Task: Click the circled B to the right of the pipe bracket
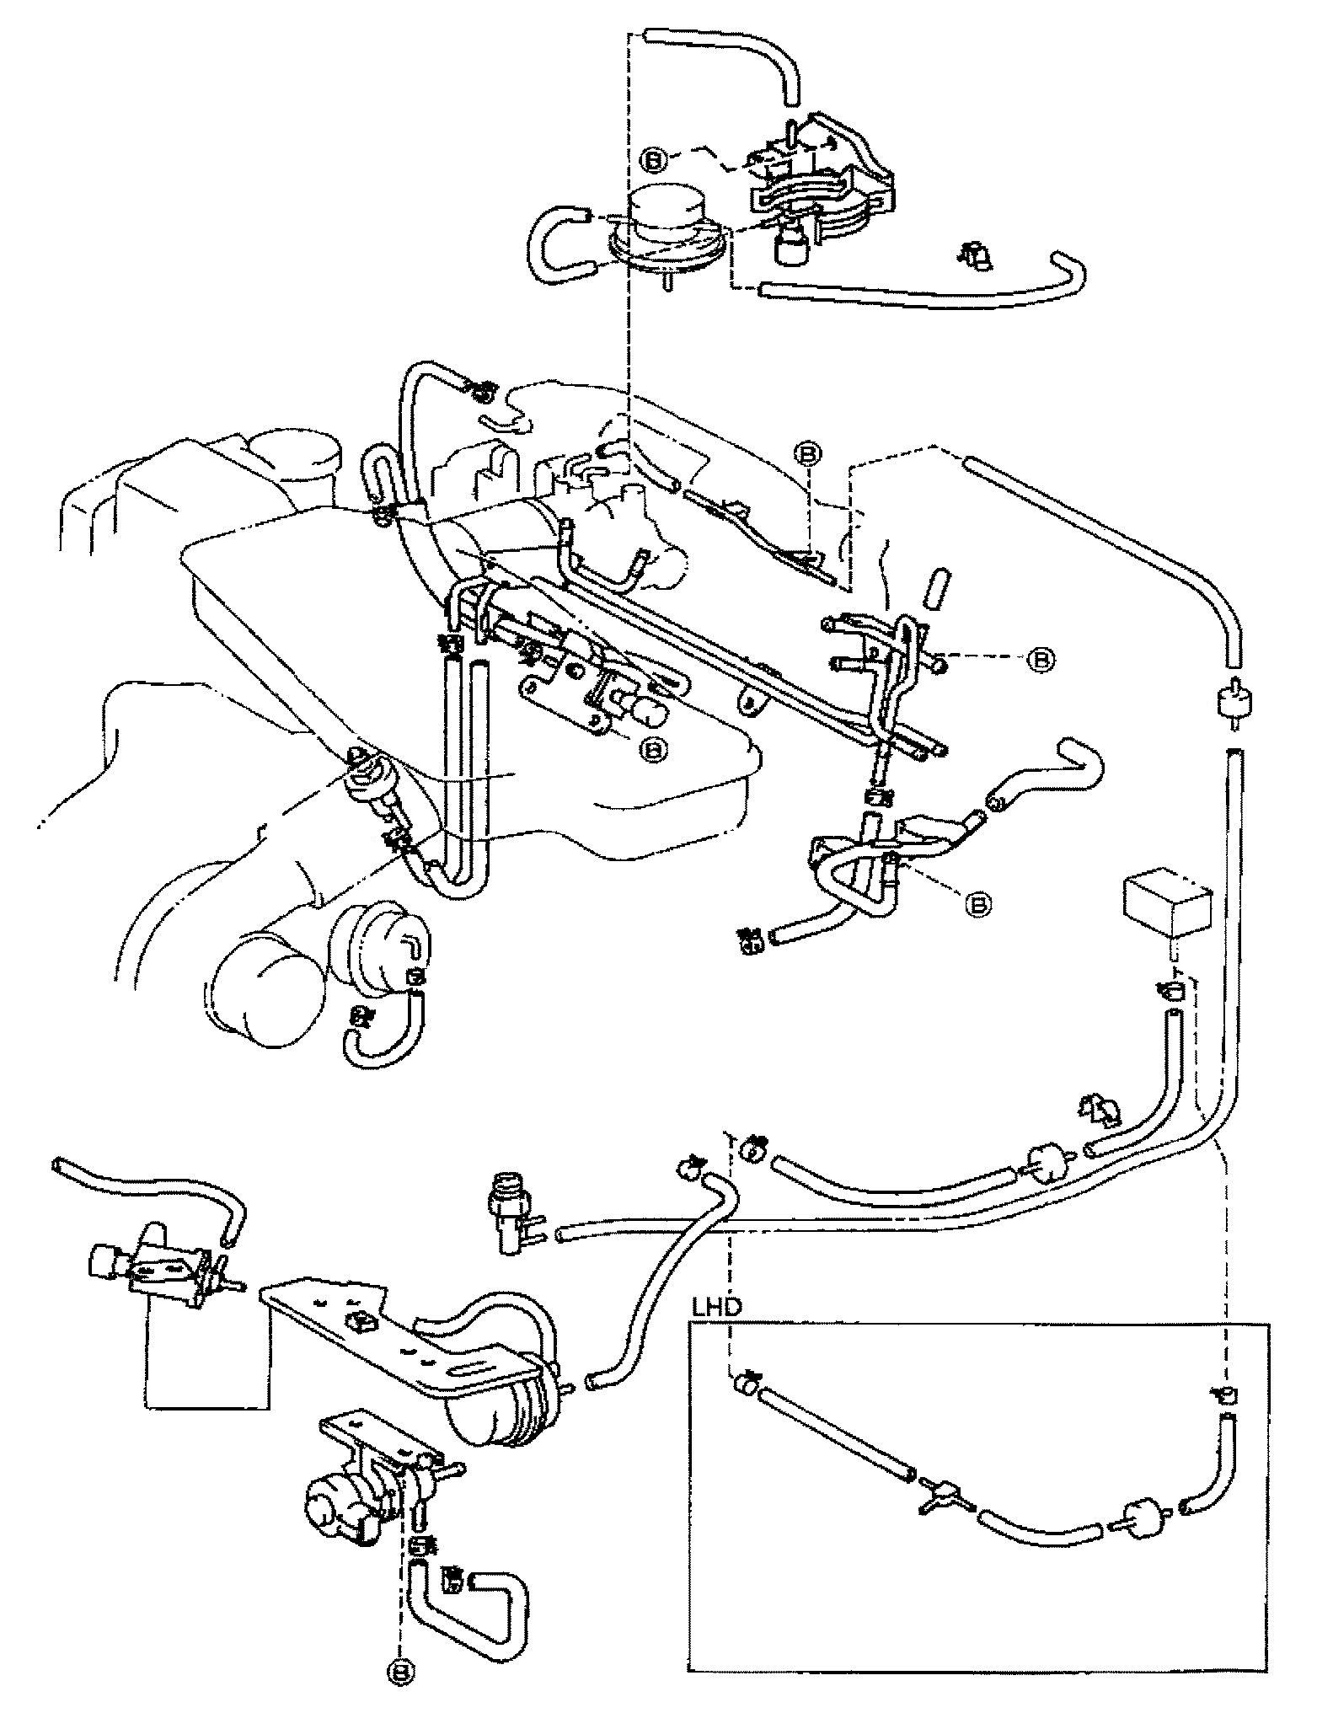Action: click(x=1041, y=660)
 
